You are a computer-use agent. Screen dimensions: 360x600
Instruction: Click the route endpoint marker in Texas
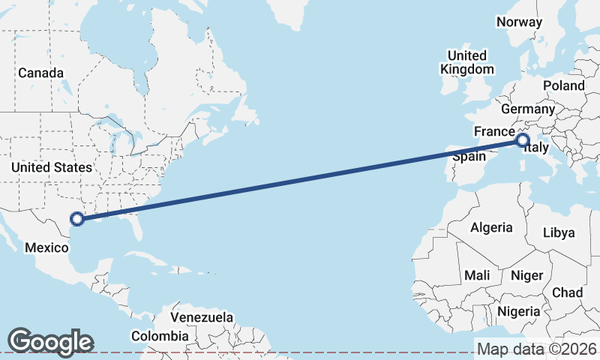pyautogui.click(x=76, y=219)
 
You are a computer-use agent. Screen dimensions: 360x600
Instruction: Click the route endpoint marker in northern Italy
pyautogui.click(x=523, y=140)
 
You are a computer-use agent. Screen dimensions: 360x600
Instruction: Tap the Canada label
pyautogui.click(x=40, y=73)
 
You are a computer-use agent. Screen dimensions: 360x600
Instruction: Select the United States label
pyautogui.click(x=52, y=167)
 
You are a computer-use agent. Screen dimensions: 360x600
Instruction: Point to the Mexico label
pyautogui.click(x=47, y=247)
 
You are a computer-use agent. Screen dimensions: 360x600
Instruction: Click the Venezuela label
pyautogui.click(x=202, y=317)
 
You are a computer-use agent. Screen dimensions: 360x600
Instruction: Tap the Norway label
pyautogui.click(x=519, y=22)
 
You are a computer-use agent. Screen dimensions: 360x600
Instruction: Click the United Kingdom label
pyautogui.click(x=466, y=62)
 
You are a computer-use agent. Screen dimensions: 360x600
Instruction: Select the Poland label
pyautogui.click(x=564, y=85)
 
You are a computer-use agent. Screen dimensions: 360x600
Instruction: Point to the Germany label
pyautogui.click(x=527, y=109)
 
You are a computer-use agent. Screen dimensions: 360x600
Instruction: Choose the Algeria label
pyautogui.click(x=491, y=227)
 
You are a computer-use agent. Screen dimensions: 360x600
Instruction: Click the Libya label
pyautogui.click(x=565, y=233)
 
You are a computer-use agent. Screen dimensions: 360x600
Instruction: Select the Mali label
pyautogui.click(x=477, y=275)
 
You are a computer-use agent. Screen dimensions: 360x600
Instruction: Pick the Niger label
pyautogui.click(x=526, y=275)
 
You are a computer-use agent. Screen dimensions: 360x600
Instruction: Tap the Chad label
pyautogui.click(x=567, y=292)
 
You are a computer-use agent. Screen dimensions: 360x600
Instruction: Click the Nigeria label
pyautogui.click(x=518, y=310)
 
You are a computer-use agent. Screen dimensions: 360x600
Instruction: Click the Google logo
pyautogui.click(x=50, y=341)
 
